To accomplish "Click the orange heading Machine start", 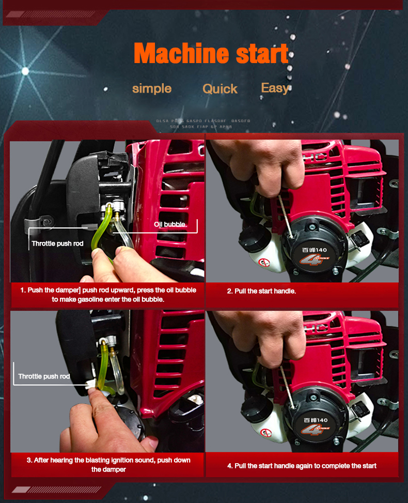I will click(211, 53).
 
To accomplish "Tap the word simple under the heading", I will click(151, 88).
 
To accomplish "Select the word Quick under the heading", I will click(220, 89).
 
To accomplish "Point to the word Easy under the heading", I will click(275, 88).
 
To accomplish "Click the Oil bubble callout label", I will click(169, 224).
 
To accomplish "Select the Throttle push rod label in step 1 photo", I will click(57, 243).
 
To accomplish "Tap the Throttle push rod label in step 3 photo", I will click(44, 376).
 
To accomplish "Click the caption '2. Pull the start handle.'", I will click(261, 292).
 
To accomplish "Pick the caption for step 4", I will click(302, 466).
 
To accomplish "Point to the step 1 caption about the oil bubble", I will click(108, 295).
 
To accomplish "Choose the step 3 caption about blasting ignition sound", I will click(108, 465).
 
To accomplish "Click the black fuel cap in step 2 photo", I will click(254, 238).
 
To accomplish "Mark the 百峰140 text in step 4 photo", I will click(315, 419).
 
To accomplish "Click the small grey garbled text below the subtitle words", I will click(203, 124).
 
